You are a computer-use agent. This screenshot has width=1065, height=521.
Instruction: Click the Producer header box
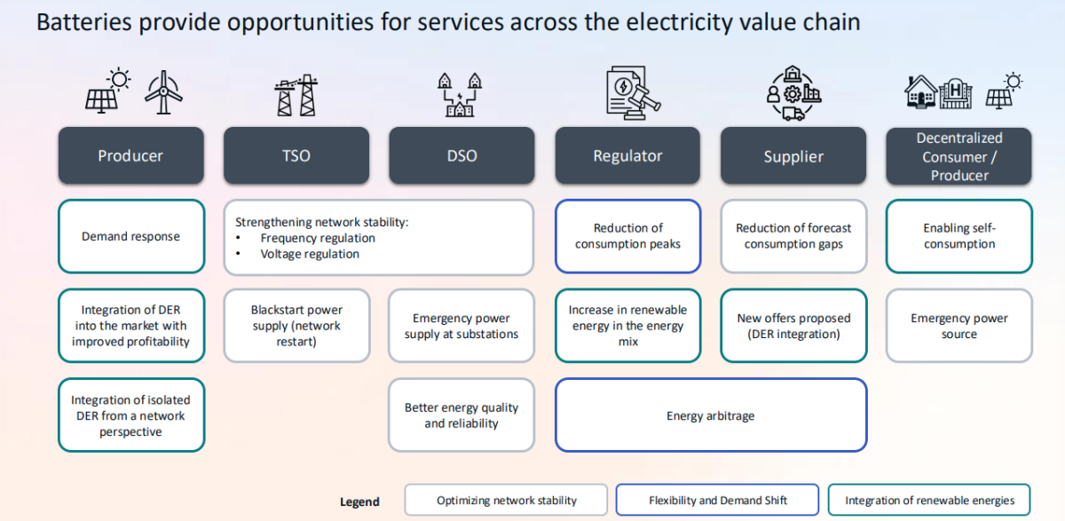click(131, 156)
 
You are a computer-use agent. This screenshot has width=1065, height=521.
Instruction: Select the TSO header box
click(296, 156)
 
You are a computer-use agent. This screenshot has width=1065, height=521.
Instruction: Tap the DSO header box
click(461, 156)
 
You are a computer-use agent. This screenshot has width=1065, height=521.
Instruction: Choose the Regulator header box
click(627, 156)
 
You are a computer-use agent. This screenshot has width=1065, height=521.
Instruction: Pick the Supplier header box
click(793, 156)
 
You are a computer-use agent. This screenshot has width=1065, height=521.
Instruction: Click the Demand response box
click(131, 236)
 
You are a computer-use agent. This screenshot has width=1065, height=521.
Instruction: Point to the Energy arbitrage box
click(710, 415)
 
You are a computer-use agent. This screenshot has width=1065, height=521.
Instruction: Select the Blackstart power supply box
click(296, 326)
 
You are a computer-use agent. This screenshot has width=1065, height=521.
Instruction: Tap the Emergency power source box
click(959, 326)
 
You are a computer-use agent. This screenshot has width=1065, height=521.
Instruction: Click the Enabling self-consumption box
click(959, 236)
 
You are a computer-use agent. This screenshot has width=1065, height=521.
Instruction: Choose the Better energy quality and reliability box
click(461, 415)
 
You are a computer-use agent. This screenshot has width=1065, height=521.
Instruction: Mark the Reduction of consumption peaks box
click(627, 236)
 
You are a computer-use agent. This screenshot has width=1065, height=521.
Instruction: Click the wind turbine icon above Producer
click(163, 92)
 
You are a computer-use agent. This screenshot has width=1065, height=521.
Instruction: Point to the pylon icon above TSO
click(296, 96)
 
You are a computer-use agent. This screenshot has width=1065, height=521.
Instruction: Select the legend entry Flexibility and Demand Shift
click(717, 501)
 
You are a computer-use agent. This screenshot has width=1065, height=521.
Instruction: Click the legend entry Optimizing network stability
click(506, 501)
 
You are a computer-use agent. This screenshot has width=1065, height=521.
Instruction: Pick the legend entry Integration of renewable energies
click(929, 501)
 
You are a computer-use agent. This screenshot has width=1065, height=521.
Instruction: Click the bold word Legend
click(359, 501)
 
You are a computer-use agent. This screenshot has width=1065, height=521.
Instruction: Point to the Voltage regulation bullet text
click(310, 254)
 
